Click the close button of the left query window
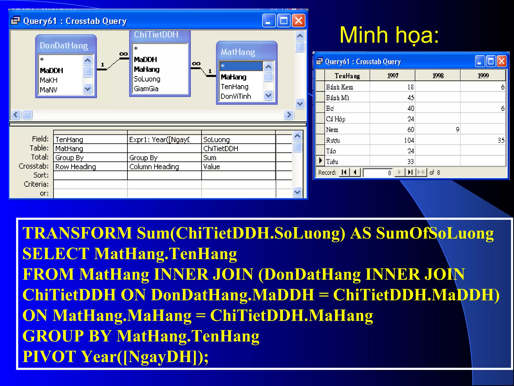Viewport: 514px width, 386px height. [298, 21]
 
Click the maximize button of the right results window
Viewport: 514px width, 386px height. [491, 61]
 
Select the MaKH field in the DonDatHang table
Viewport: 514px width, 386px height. [49, 80]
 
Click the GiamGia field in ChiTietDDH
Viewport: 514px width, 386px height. [146, 89]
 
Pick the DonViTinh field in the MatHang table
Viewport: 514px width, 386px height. [236, 96]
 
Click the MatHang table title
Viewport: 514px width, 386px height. [238, 52]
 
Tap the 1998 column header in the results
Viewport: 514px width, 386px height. [438, 76]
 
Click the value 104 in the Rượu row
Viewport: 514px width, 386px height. [409, 140]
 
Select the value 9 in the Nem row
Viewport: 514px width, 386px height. [458, 130]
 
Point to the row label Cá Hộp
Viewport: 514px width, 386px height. [336, 119]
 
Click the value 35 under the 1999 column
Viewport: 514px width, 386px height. [501, 140]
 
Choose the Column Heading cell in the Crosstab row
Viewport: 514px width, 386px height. [154, 167]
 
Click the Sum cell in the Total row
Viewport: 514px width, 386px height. [210, 158]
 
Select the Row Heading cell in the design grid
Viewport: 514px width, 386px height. [76, 167]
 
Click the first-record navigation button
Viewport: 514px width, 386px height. [344, 172]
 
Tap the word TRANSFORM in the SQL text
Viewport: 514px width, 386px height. [77, 233]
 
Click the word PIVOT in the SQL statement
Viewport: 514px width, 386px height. [49, 356]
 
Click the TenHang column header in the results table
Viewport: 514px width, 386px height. [347, 76]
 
